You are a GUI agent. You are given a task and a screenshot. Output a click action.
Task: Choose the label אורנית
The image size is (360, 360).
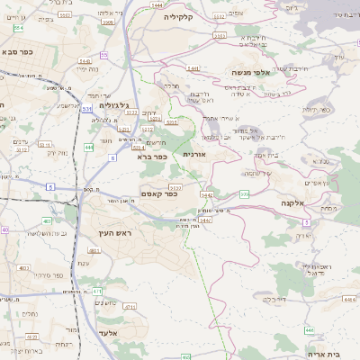click(194, 154)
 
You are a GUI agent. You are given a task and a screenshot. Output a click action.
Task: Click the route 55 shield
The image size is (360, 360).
click(104, 56)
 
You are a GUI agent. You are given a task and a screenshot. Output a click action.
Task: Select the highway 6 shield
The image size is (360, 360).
click(112, 157)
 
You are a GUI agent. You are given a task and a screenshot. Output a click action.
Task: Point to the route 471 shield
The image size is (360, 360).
click(97, 292)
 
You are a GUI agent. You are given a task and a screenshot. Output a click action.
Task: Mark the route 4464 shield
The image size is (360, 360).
click(309, 330)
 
